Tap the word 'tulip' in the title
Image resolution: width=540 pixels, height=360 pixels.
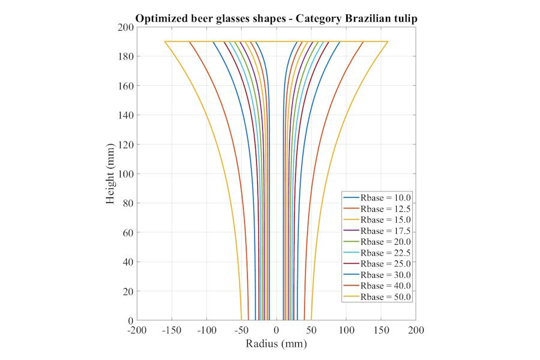404,19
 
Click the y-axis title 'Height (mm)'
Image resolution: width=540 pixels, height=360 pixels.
111,174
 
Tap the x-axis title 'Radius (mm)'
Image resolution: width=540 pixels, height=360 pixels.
276,344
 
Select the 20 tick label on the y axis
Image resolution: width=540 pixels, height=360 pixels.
127,291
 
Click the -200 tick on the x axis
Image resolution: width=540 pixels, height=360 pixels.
137,331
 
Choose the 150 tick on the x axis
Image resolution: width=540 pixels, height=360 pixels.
381,331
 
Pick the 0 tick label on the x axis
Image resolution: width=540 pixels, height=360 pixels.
277,331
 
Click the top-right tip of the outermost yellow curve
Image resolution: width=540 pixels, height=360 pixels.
388,42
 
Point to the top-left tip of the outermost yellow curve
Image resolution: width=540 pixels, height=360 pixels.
165,42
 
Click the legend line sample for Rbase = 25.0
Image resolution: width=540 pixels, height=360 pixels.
351,264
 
